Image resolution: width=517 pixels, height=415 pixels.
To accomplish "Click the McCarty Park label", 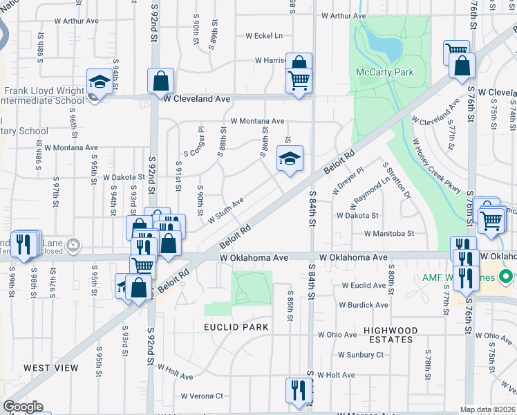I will click(x=384, y=72).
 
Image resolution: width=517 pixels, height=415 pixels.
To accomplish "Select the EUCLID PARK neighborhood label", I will click(x=231, y=326).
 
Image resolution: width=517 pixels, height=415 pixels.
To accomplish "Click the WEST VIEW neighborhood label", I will click(x=51, y=368).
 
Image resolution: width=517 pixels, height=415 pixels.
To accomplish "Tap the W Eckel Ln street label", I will click(x=264, y=36).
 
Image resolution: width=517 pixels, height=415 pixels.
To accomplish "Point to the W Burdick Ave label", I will click(x=364, y=304).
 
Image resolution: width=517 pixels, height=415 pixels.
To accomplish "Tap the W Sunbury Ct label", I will click(x=360, y=355).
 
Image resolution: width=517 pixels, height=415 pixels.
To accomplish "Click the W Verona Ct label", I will click(x=202, y=396).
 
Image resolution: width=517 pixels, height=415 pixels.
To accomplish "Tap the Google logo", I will click(x=23, y=407).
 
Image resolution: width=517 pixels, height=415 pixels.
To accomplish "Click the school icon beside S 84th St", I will click(x=290, y=158).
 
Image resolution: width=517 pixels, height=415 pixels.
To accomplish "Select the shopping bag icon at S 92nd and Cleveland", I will click(x=160, y=81).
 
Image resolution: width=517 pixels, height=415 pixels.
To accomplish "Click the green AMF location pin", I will click(x=506, y=277).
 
